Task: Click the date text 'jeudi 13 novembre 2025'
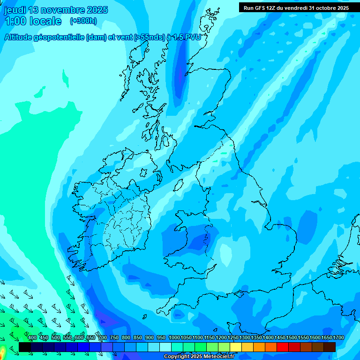point(56,10)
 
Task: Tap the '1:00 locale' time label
point(33,21)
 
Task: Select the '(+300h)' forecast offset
point(83,21)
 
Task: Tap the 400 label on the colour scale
point(32,338)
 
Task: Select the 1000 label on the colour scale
point(174,338)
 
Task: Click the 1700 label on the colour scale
point(338,338)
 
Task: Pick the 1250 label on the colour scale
point(233,338)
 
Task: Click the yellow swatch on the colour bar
point(236,347)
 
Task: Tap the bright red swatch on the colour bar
point(283,347)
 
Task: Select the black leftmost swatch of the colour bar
point(25,347)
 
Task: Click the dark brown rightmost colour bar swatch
point(330,347)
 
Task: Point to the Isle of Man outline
point(178,185)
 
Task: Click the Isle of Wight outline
point(241,293)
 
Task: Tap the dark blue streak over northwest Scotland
point(180,75)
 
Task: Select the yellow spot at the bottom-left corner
point(2,351)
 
